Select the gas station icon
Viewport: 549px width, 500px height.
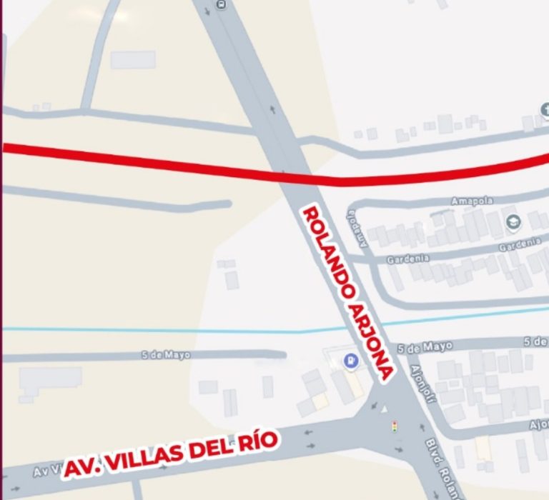point(350,362)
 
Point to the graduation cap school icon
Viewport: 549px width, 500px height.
point(512,223)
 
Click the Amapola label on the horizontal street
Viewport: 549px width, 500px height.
point(472,201)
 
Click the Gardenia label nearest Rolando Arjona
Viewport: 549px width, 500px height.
point(408,259)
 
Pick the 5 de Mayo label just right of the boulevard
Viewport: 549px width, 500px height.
point(425,347)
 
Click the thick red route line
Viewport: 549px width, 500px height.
point(179,164)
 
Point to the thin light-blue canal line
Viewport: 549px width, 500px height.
point(143,329)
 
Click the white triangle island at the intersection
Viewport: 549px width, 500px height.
point(386,409)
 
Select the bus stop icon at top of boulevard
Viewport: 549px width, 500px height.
point(220,4)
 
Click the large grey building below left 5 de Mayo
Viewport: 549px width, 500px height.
point(50,382)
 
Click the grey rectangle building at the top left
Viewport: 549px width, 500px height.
point(133,59)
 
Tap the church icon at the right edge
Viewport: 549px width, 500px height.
point(545,109)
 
